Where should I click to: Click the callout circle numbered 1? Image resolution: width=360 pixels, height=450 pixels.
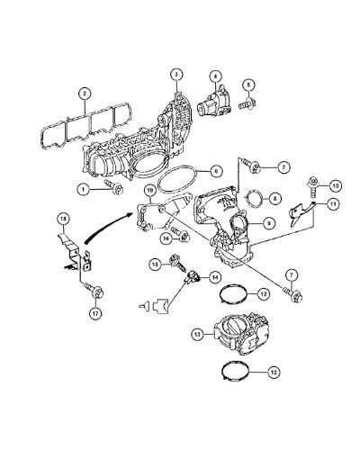point(84,189)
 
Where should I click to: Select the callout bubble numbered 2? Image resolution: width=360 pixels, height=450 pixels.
point(85,94)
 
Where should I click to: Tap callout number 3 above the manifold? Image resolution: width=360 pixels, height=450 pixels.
point(176,75)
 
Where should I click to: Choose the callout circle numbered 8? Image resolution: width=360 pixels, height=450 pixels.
point(275,198)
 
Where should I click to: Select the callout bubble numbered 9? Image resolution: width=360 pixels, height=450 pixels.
point(269,223)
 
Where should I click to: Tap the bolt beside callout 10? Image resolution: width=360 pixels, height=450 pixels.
point(312,187)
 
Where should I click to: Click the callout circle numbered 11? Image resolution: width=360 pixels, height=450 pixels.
point(333,204)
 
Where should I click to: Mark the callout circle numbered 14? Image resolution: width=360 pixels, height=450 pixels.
point(214,277)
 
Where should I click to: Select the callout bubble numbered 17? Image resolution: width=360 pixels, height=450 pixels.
point(95,313)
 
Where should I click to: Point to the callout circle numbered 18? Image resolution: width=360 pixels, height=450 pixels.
point(63,220)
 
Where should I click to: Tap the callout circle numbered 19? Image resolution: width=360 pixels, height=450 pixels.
point(149,191)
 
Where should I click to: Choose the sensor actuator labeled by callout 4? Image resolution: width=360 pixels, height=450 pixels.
point(214,101)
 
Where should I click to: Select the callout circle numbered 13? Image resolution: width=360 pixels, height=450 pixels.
point(197,335)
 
